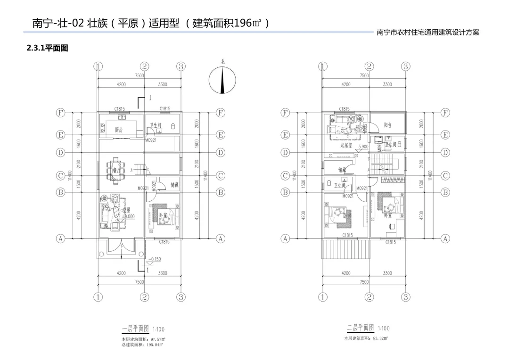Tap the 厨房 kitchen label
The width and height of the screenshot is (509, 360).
[119, 130]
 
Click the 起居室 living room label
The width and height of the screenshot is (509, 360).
[347, 146]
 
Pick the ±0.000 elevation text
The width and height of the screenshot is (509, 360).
[128, 216]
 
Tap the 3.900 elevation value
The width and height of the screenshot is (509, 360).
[363, 147]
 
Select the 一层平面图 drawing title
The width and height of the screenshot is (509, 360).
[135, 328]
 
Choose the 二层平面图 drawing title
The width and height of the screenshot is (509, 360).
[361, 328]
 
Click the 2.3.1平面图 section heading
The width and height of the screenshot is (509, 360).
[48, 48]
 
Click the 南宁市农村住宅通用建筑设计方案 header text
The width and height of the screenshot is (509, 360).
[428, 33]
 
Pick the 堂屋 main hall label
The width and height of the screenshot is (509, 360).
[126, 210]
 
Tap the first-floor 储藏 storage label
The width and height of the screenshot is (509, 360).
[174, 185]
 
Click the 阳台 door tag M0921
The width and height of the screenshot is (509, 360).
[364, 127]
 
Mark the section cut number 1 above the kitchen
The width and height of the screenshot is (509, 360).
[150, 98]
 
